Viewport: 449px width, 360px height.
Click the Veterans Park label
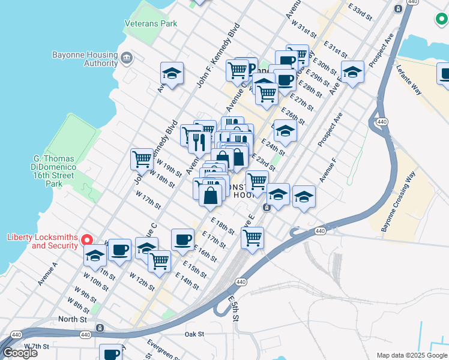pyautogui.click(x=151, y=23)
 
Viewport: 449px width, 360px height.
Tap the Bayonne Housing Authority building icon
pyautogui.click(x=127, y=58)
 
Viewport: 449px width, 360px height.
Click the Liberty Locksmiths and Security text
pyautogui.click(x=42, y=241)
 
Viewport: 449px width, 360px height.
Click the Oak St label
pyautogui.click(x=194, y=334)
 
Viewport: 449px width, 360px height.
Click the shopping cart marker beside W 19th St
pyautogui.click(x=142, y=159)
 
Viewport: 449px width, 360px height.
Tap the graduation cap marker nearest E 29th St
pyautogui.click(x=352, y=72)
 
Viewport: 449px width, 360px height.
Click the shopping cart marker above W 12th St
pyautogui.click(x=159, y=260)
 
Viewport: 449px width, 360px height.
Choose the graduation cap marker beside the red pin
pyautogui.click(x=95, y=256)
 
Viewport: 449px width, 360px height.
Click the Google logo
pyautogui.click(x=20, y=353)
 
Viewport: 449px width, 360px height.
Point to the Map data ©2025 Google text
pyautogui.click(x=411, y=355)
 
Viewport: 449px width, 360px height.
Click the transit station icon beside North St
pyautogui.click(x=100, y=328)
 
